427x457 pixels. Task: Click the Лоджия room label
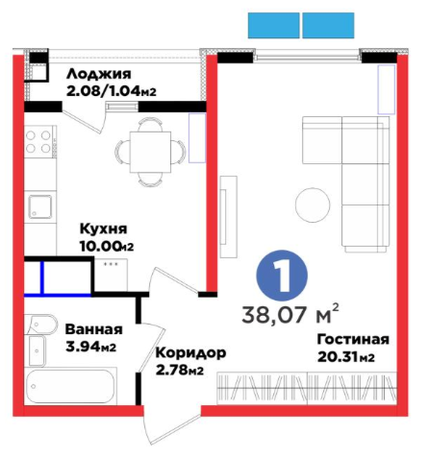pos(99,74)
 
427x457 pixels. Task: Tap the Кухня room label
pos(103,229)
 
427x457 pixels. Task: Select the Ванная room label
pos(93,329)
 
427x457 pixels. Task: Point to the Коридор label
pos(190,353)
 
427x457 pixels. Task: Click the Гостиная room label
pos(353,339)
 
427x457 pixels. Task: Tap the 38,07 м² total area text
pos(290,314)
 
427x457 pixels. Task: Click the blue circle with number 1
pos(282,276)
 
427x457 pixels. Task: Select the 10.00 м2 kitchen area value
pos(107,246)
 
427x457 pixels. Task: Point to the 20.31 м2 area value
pos(346,357)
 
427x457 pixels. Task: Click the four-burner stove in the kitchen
pos(38,141)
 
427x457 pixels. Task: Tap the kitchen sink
pos(40,206)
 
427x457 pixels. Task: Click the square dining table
pos(150,152)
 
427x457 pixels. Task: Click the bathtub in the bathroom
pos(70,386)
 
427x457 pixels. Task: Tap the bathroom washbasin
pos(37,350)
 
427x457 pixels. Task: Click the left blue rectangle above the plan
pos(274,25)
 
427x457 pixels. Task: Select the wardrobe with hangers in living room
pos(307,388)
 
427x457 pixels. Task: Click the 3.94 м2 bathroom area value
pos(90,347)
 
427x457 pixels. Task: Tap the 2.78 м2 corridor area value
pos(180,371)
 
